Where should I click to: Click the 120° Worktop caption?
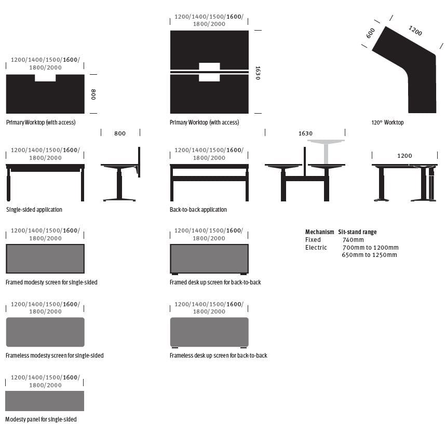click(387, 123)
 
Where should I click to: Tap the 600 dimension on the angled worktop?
click(370, 33)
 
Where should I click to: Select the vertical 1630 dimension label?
click(258, 72)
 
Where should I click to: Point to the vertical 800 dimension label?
click(93, 94)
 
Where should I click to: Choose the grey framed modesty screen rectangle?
click(45, 259)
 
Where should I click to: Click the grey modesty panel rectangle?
click(45, 401)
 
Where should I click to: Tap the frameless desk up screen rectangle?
click(209, 332)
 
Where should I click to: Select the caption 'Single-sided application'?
click(34, 210)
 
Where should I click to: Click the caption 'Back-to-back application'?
click(198, 210)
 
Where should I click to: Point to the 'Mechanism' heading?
click(319, 232)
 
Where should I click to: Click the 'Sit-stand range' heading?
click(357, 232)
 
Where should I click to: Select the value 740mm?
click(353, 240)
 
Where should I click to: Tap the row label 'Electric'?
click(316, 248)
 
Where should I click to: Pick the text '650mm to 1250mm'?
click(369, 255)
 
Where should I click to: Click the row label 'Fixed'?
click(313, 240)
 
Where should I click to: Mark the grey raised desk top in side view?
click(326, 142)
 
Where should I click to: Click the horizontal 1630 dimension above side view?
click(305, 133)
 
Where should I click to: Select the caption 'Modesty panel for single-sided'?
click(41, 419)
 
